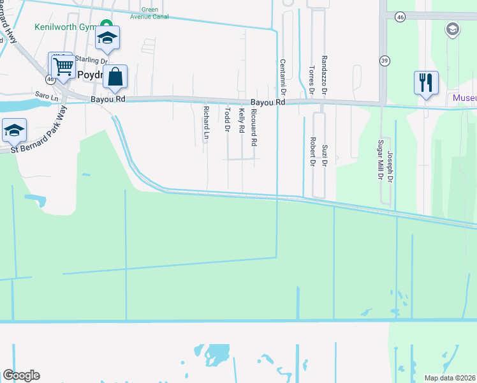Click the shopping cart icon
coord(63,66)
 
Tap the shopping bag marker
coord(115,77)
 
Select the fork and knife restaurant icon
coord(425,83)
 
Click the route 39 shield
coord(384,61)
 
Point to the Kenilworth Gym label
coord(64,27)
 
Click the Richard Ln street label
coord(206,123)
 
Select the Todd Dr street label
coord(227,120)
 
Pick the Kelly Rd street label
coord(242,121)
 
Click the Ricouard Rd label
coord(254,126)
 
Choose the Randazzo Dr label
coord(324,75)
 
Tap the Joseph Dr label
coord(390,165)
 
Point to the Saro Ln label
coord(47,96)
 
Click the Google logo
coord(21,375)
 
